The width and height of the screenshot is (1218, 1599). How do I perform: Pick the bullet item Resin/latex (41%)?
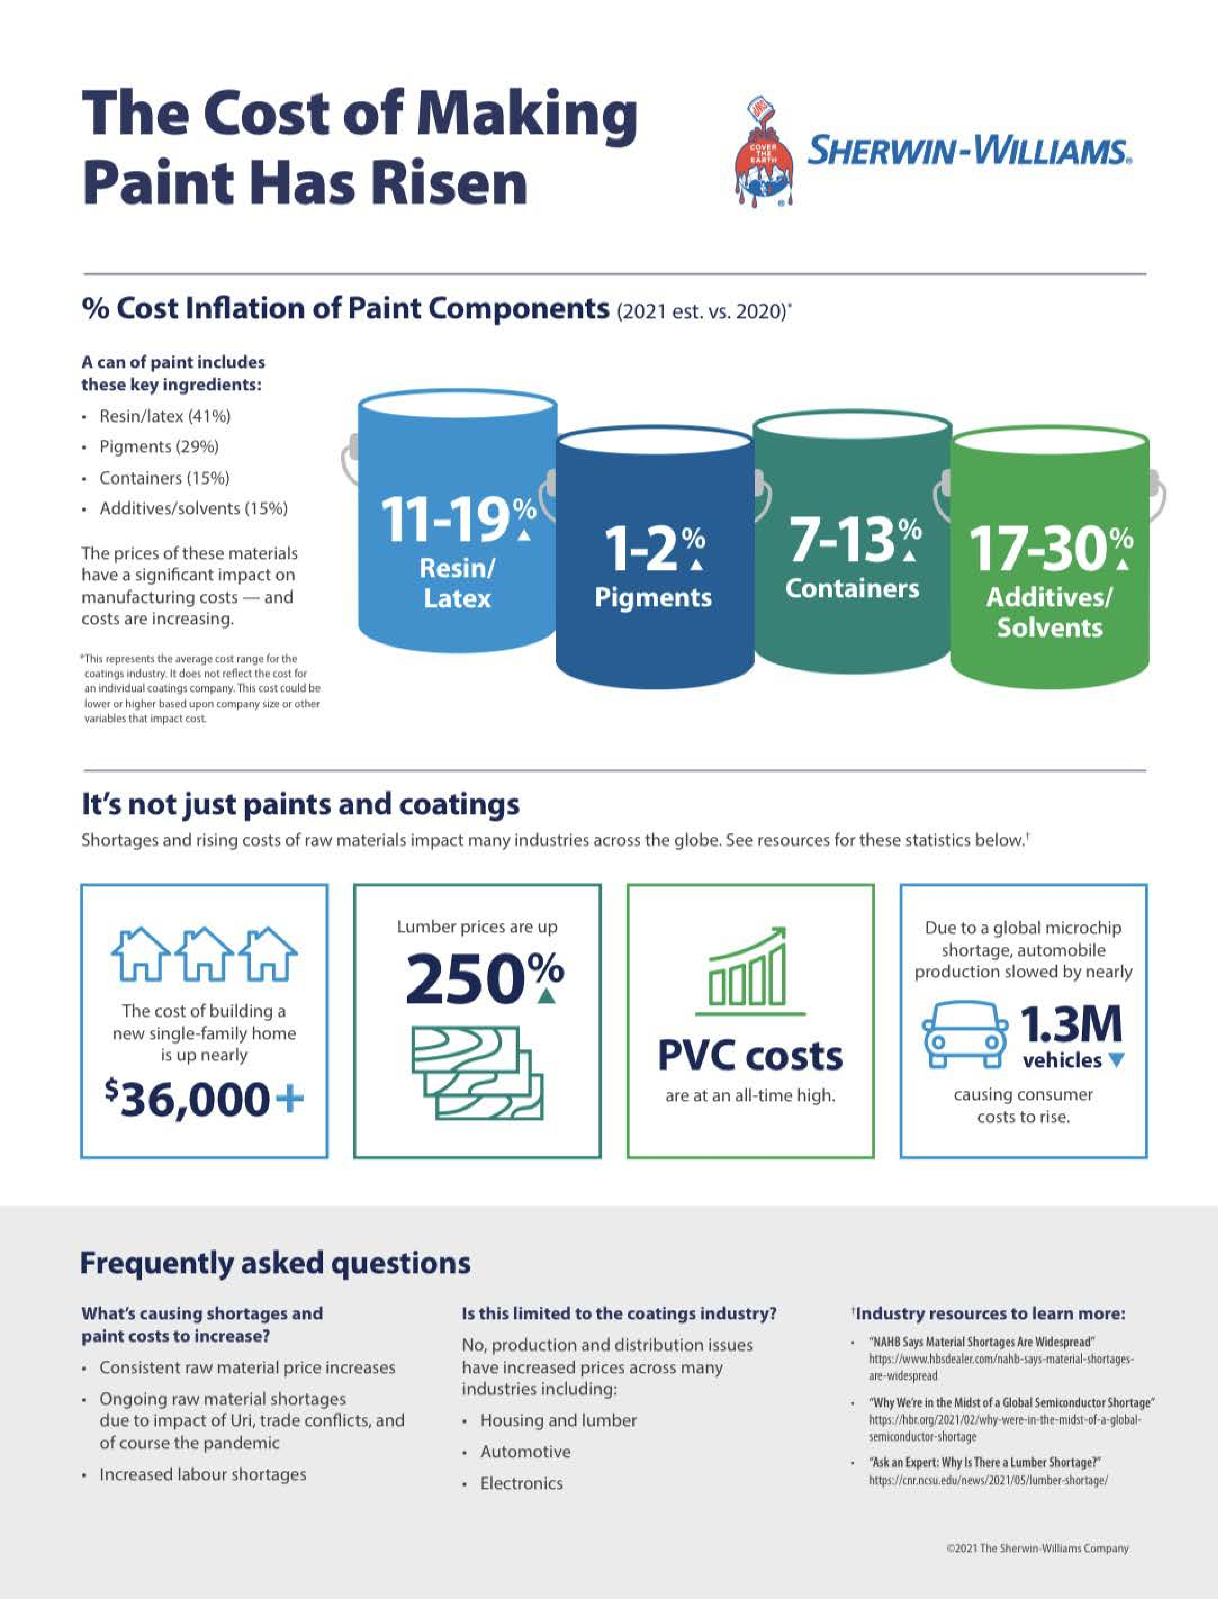point(165,416)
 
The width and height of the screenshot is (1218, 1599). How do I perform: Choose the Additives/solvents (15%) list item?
point(194,508)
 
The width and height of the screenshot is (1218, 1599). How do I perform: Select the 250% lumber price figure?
point(484,979)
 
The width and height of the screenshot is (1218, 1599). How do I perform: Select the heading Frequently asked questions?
point(276,1263)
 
